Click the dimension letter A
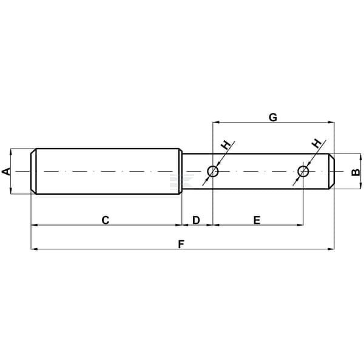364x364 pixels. click(6, 171)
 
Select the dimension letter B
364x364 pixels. click(356, 172)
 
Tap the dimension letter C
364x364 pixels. click(106, 220)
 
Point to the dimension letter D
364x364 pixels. click(196, 220)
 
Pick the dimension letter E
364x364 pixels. click(257, 220)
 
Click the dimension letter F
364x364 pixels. click(181, 244)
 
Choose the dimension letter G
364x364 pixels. click(273, 118)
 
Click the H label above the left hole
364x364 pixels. click(226, 145)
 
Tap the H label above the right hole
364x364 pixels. click(317, 144)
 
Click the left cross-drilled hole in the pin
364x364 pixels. click(213, 171)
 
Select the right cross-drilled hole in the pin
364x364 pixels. click(303, 171)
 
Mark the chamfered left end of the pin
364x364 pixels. click(33, 171)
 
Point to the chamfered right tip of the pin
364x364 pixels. click(331, 171)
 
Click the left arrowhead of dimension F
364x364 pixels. click(34, 249)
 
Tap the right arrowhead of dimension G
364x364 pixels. click(331, 122)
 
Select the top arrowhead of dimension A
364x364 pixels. click(11, 152)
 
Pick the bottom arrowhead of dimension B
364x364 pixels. click(360, 186)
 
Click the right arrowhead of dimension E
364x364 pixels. click(300, 225)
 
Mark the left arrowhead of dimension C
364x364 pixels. click(34, 225)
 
